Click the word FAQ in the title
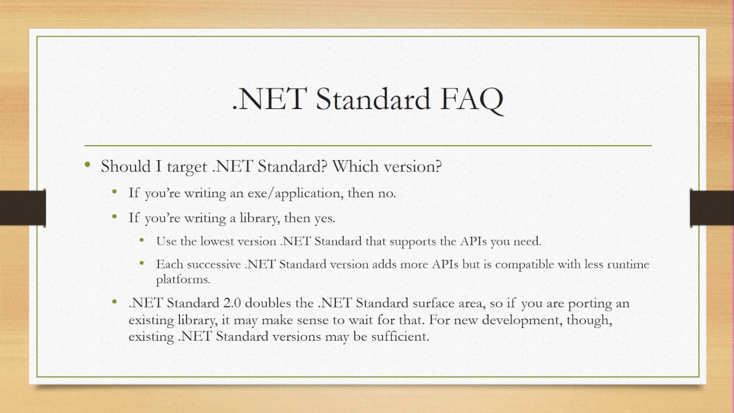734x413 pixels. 472,99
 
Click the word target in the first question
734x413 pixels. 188,167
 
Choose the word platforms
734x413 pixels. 182,280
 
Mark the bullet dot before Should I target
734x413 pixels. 87,166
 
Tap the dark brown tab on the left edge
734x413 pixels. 22,207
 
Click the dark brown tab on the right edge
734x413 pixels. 712,207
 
